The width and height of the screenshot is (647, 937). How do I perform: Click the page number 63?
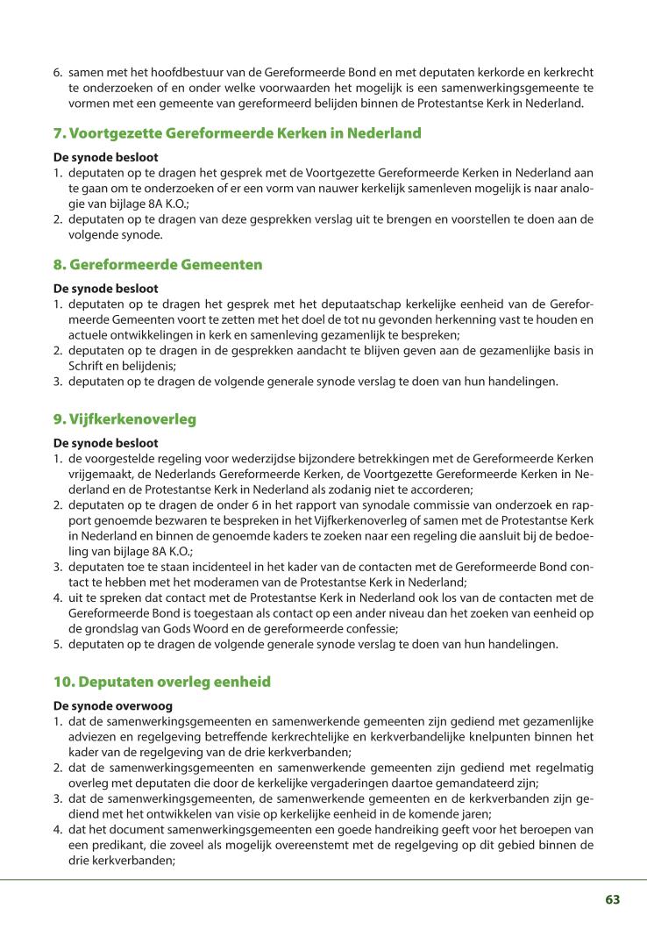pyautogui.click(x=612, y=899)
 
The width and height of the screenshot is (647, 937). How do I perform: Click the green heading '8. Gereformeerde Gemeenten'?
pyautogui.click(x=158, y=264)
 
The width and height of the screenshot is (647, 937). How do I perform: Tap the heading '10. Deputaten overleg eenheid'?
pyautogui.click(x=162, y=682)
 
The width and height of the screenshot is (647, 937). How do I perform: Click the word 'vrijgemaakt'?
pyautogui.click(x=99, y=475)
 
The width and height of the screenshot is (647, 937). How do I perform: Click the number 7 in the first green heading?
pyautogui.click(x=59, y=134)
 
